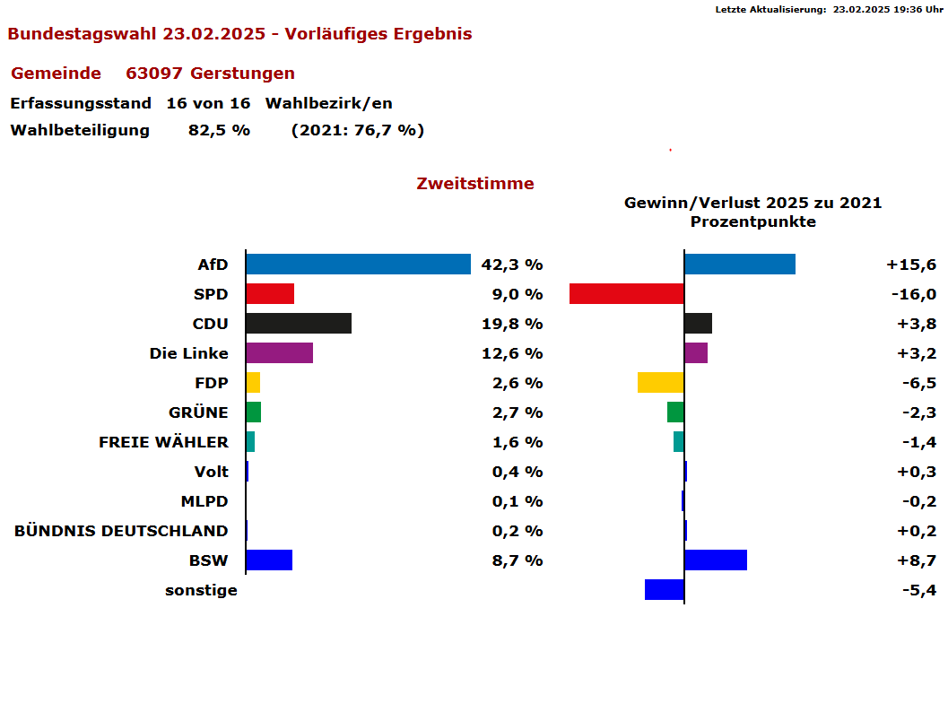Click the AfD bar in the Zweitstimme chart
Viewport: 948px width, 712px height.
[358, 265]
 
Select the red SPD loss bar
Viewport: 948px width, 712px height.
[626, 294]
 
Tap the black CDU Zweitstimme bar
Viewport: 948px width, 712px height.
[298, 324]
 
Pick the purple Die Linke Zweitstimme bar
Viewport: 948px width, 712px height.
[279, 353]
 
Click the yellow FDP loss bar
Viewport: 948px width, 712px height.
[660, 383]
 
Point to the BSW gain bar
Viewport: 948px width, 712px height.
[715, 560]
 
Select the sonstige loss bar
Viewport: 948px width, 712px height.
[664, 590]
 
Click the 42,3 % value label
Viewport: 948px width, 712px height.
[512, 265]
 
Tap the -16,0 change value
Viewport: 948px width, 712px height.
[913, 294]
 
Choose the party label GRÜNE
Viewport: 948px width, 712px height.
[198, 412]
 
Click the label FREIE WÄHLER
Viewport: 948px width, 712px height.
[163, 442]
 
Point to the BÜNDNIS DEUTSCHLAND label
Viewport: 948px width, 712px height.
[121, 531]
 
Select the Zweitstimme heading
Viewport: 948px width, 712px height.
[475, 184]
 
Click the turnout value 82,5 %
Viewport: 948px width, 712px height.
[219, 130]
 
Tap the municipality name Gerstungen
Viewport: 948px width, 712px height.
[242, 74]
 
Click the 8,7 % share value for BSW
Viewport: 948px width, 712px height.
[517, 560]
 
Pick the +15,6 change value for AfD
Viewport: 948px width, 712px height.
[911, 265]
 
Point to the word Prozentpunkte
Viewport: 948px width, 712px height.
[753, 221]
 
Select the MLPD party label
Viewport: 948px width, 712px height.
[204, 501]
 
